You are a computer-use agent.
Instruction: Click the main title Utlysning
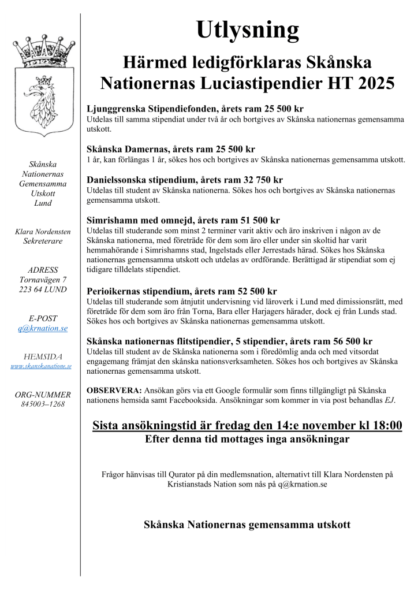click(x=247, y=29)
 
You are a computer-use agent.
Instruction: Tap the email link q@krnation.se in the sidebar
click(x=43, y=328)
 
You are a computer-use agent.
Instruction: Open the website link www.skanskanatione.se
click(x=41, y=366)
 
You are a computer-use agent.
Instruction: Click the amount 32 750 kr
click(x=259, y=180)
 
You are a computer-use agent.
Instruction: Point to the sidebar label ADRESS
click(x=43, y=270)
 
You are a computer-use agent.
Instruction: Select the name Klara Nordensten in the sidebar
click(x=43, y=232)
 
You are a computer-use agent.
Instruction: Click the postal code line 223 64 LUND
click(x=43, y=289)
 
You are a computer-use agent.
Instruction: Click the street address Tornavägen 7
click(x=43, y=280)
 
